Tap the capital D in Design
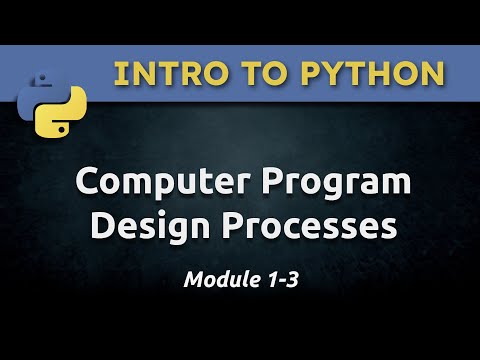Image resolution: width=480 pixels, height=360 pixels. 103,227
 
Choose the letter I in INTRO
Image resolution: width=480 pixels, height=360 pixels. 119,73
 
